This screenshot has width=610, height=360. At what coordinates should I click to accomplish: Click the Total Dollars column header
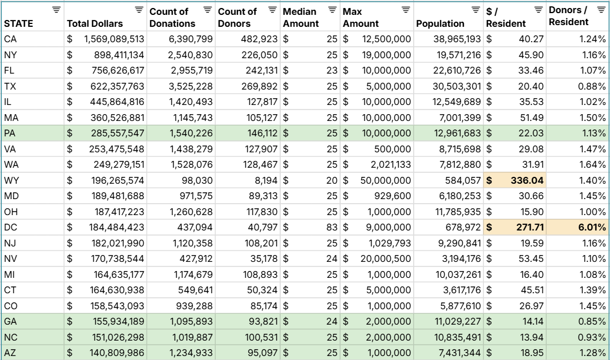pyautogui.click(x=95, y=23)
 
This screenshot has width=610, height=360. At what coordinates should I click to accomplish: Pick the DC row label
pyautogui.click(x=10, y=227)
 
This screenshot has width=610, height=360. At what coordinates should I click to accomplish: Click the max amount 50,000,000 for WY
pyautogui.click(x=385, y=180)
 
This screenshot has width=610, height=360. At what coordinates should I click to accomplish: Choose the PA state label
pyautogui.click(x=10, y=133)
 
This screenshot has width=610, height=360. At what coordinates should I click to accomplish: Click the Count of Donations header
pyautogui.click(x=172, y=17)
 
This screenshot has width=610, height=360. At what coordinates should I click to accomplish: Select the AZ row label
pyautogui.click(x=10, y=353)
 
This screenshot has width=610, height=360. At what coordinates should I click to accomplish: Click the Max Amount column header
pyautogui.click(x=361, y=17)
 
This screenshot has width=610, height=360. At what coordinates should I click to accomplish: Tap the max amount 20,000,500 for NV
pyautogui.click(x=385, y=258)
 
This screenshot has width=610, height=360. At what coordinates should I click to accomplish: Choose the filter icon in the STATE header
pyautogui.click(x=55, y=10)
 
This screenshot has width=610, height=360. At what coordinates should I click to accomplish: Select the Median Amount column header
pyautogui.click(x=301, y=17)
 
